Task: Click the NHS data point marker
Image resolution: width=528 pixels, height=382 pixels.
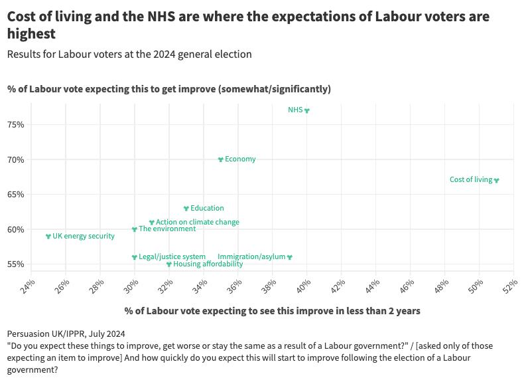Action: click(306, 110)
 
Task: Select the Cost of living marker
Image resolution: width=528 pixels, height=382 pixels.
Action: click(496, 180)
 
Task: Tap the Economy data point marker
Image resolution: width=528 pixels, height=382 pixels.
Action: click(221, 159)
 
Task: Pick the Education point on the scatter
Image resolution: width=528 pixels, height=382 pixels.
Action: click(186, 208)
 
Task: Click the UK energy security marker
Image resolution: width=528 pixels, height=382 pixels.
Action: click(48, 237)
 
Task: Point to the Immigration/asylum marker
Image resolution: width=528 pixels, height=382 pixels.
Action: click(290, 257)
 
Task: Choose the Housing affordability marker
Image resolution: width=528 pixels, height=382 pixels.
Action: click(169, 264)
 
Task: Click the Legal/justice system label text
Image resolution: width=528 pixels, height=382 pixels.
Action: click(172, 256)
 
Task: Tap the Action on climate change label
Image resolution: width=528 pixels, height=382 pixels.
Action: click(197, 222)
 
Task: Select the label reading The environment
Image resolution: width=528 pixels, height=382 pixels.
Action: click(167, 229)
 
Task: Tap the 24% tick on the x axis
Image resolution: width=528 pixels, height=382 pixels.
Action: click(28, 286)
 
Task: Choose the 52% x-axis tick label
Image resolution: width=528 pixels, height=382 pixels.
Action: click(510, 286)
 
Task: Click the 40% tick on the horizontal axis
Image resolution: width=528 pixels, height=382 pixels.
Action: click(303, 286)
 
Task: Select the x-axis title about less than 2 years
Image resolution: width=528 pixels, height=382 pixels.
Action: click(272, 310)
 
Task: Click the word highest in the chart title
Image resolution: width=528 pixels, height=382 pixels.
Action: click(31, 33)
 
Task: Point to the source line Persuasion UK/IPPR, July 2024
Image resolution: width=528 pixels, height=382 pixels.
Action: click(66, 334)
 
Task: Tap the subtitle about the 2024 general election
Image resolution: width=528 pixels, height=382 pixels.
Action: click(129, 54)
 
